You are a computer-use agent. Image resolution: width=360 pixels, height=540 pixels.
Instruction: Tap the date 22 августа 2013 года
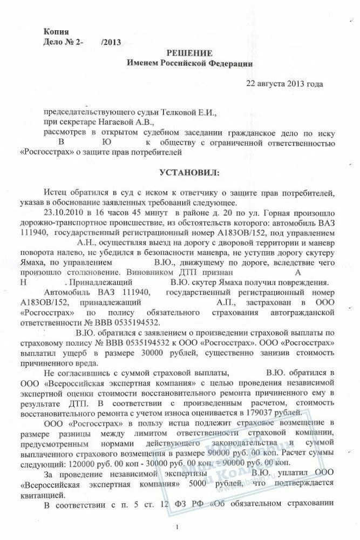(x=284, y=84)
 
